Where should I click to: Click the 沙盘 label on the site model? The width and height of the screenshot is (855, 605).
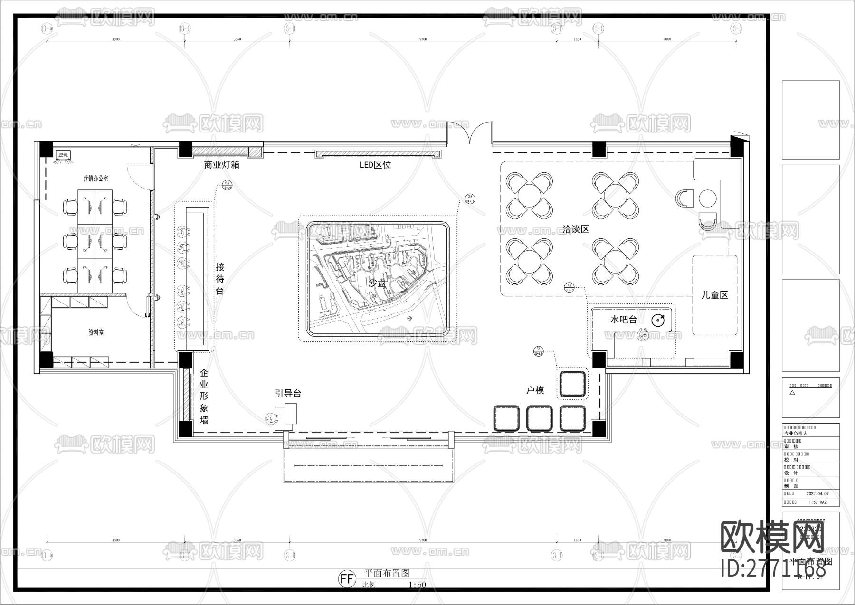pos(377,284)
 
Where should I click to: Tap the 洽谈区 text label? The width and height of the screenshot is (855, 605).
pos(576,229)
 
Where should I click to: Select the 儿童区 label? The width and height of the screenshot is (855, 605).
pos(714,295)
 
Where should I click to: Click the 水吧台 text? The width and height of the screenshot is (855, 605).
pos(623,320)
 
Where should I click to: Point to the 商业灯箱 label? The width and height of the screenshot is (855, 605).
pos(221,165)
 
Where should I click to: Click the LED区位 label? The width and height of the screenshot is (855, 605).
pos(375,165)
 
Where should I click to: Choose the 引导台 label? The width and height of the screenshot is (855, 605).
pos(288,394)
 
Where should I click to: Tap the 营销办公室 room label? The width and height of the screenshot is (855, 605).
pos(95,179)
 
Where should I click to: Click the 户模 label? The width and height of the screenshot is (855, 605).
pos(535,390)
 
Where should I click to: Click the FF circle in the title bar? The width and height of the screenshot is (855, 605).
pos(347,578)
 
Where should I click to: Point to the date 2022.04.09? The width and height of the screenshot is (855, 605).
pos(817,494)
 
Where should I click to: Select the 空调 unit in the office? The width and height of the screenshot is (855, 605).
pos(63,155)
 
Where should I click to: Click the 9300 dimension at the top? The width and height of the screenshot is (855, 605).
pos(423,39)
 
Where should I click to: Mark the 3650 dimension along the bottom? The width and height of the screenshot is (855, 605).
pos(237,540)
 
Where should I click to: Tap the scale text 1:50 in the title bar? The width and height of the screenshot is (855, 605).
pos(417,585)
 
